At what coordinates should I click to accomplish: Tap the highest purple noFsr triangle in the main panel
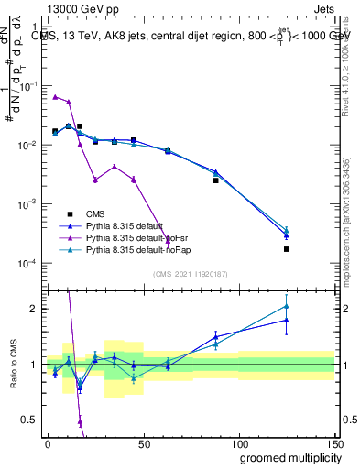[55, 96]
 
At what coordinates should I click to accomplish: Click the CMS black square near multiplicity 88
[215, 180]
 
